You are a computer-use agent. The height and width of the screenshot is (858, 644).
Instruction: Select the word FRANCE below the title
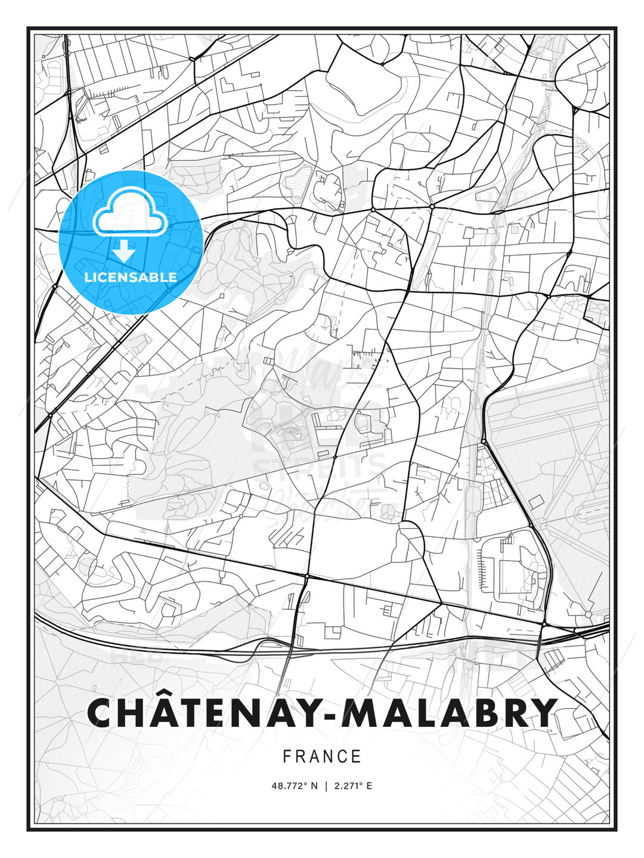[322, 757]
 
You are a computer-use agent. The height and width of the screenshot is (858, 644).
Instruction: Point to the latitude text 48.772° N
[295, 786]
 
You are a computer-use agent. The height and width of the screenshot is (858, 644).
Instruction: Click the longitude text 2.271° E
[353, 786]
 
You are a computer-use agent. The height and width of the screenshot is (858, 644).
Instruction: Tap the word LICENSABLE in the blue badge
[131, 277]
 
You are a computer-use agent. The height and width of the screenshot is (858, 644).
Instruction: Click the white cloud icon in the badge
[129, 213]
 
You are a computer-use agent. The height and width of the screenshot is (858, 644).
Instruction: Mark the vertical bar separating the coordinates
[326, 786]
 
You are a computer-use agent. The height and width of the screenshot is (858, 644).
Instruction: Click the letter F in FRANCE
[287, 757]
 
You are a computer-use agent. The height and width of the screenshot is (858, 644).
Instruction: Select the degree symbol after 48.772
[305, 784]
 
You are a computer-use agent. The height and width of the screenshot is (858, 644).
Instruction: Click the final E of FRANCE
[357, 757]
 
